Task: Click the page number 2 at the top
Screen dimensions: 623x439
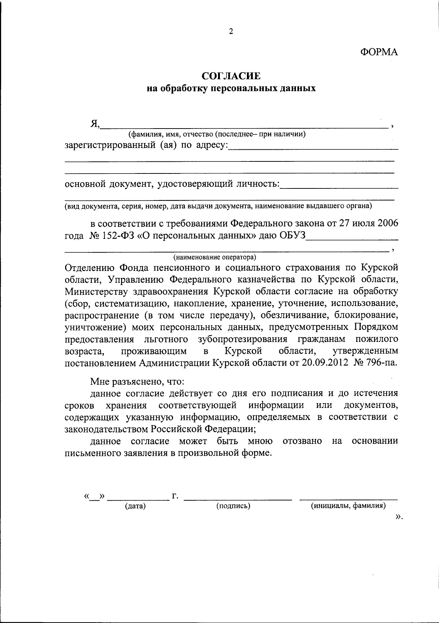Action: click(231, 32)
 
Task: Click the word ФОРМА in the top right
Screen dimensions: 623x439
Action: click(379, 52)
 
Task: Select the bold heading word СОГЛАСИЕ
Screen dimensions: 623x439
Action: click(231, 76)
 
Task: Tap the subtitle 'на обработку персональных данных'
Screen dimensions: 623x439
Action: click(231, 88)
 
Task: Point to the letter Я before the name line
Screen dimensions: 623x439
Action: click(94, 125)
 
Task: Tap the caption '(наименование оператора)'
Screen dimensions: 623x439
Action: click(215, 257)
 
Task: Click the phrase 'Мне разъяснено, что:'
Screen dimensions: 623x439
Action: click(138, 382)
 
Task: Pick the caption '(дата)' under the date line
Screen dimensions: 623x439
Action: click(135, 506)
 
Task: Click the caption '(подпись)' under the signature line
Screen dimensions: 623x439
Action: click(233, 506)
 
